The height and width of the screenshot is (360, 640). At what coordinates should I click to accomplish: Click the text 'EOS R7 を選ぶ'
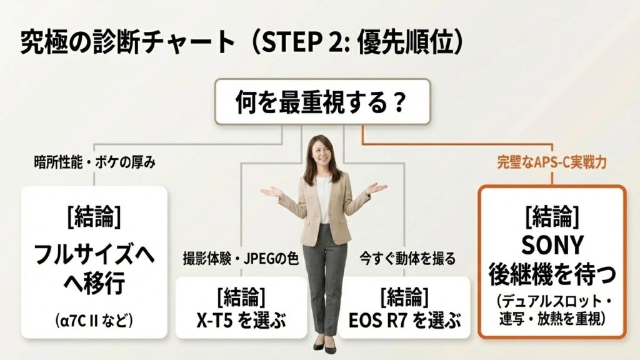404,322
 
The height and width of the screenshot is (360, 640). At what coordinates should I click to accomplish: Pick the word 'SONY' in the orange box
552,244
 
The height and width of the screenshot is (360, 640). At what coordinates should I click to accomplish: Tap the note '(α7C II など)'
94,321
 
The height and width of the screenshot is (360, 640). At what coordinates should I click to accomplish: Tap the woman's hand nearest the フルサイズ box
271,191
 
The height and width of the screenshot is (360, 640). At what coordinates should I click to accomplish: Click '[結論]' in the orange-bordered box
552,216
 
